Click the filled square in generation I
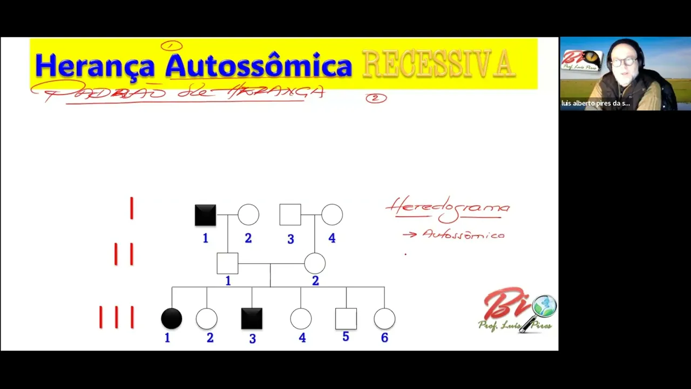[205, 215]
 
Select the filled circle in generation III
[172, 319]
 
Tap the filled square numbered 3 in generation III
[252, 319]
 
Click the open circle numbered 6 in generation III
[384, 319]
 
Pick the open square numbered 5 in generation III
[346, 319]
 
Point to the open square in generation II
[227, 264]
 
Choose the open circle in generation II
[315, 264]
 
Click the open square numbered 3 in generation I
[290, 215]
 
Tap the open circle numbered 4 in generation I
[332, 215]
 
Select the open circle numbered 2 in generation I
[248, 215]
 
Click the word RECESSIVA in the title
[438, 64]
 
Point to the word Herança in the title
[95, 66]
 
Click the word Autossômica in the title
[259, 66]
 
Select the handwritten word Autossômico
[463, 234]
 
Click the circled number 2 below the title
[376, 98]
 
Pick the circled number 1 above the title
[172, 46]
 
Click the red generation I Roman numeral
[132, 208]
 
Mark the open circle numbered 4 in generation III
[301, 319]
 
